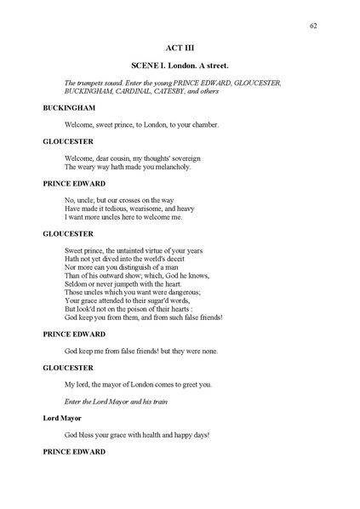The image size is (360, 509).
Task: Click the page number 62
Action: pos(314,26)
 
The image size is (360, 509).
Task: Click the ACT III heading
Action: pos(180,49)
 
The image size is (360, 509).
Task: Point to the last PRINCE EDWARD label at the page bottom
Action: pos(74,450)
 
